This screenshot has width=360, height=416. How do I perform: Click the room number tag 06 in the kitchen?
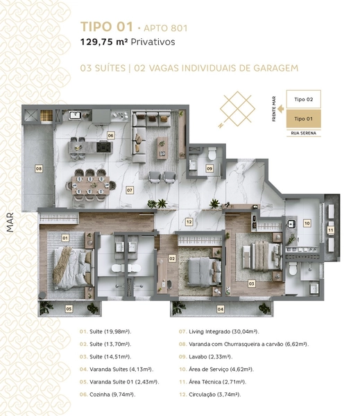(x=110, y=136)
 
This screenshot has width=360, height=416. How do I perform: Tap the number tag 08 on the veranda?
(x=39, y=168)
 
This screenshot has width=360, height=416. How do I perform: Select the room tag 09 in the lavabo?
(x=209, y=168)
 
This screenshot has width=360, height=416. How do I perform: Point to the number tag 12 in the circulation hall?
(x=189, y=222)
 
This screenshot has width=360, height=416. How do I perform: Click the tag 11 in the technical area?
(x=331, y=230)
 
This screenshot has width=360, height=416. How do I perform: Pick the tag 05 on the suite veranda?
(x=69, y=309)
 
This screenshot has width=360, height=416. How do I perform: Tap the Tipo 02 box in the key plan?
(x=303, y=99)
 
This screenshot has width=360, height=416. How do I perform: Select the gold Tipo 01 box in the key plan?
(x=303, y=119)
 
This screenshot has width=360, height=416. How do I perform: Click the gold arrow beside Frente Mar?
(x=281, y=109)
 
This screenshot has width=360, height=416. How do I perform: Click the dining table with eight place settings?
(x=91, y=185)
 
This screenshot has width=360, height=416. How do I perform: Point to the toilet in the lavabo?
(x=212, y=154)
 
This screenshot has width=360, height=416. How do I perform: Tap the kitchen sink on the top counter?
(x=75, y=115)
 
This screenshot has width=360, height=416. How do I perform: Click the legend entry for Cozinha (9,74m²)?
(x=108, y=395)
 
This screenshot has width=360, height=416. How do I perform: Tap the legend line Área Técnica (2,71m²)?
(x=213, y=382)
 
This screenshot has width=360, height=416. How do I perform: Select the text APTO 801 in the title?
(x=165, y=28)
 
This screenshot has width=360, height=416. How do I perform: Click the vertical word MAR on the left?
(x=10, y=223)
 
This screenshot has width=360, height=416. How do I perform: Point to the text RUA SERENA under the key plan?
(x=303, y=133)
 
